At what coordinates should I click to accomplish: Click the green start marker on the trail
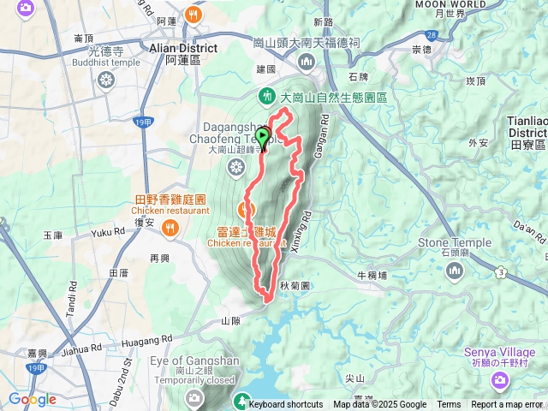(x=263, y=135)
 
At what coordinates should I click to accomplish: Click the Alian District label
(x=183, y=48)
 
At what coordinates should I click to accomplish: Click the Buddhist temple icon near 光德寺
(x=105, y=80)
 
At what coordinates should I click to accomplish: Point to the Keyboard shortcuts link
(x=286, y=405)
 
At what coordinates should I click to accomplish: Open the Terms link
(x=449, y=405)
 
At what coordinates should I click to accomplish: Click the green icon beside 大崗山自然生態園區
(x=265, y=96)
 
